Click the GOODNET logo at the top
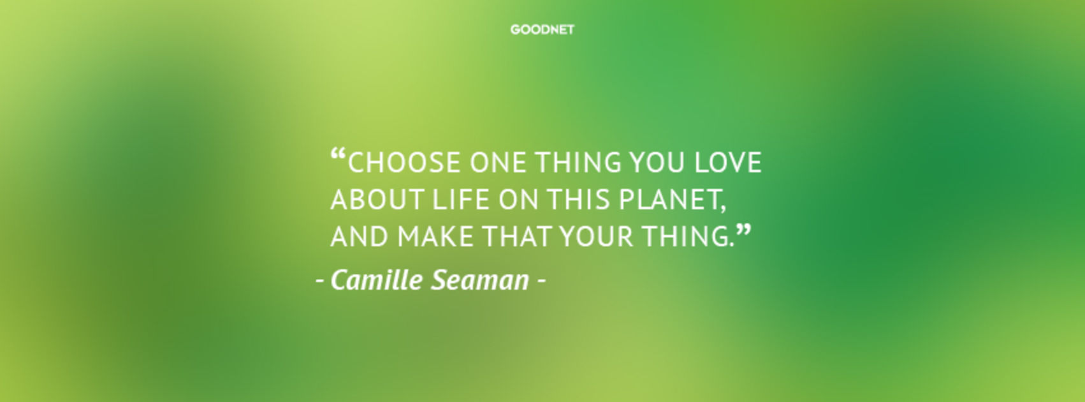pyautogui.click(x=542, y=29)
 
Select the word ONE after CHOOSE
pyautogui.click(x=498, y=163)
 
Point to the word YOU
pyautogui.click(x=657, y=163)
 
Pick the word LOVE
pyautogui.click(x=728, y=163)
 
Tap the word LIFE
pyautogui.click(x=461, y=199)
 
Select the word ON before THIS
pyautogui.click(x=519, y=199)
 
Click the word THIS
pyautogui.click(x=578, y=199)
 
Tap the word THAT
pyautogui.click(x=516, y=237)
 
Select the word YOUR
pyautogui.click(x=596, y=237)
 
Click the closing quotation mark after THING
pyautogui.click(x=743, y=231)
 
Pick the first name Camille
pyautogui.click(x=376, y=279)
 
